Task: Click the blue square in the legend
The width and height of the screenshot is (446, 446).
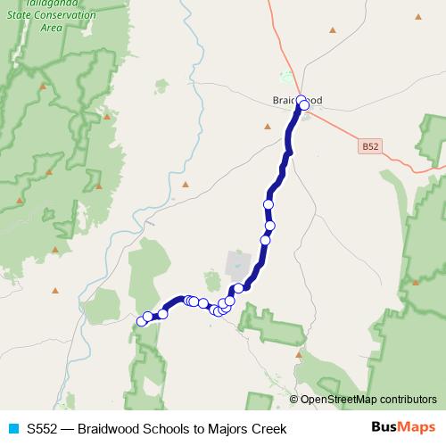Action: coord(12,429)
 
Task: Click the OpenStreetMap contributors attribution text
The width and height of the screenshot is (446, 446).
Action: coord(368,400)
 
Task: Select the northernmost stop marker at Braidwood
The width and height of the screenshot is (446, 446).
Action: coord(301,99)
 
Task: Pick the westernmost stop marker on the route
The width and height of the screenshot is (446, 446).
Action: coord(141,321)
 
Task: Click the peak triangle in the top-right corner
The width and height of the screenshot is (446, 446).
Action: coord(418,16)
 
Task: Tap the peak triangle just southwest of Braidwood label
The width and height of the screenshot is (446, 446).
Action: coord(267,126)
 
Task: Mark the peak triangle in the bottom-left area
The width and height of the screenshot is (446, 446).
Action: coord(55,290)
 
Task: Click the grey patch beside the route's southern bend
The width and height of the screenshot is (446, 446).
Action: coord(237,264)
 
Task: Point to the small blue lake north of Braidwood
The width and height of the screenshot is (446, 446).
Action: coord(285,76)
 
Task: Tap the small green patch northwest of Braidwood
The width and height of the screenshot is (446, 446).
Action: coord(161,87)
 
